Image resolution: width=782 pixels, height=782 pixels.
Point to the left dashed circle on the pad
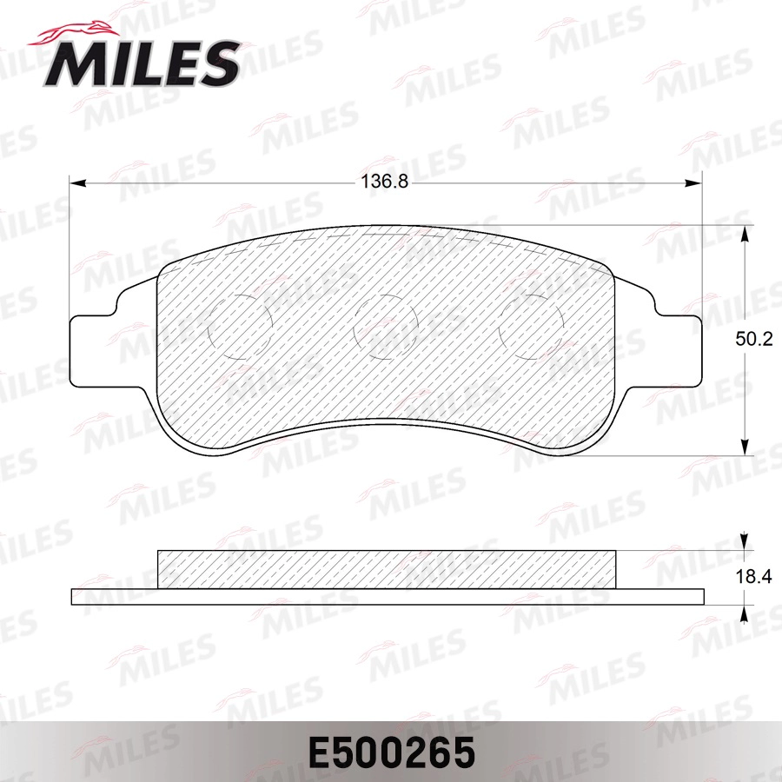click(242, 326)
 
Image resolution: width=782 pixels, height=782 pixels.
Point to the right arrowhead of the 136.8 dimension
click(693, 182)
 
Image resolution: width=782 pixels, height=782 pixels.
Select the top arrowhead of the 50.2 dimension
click(745, 233)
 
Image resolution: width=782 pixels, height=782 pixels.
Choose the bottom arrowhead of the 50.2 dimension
click(745, 447)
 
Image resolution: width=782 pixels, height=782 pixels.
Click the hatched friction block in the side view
click(387, 569)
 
